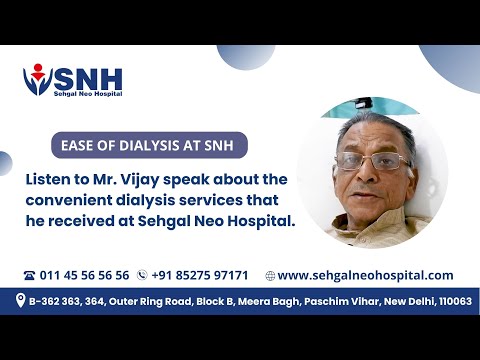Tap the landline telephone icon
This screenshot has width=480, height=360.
[x=29, y=275]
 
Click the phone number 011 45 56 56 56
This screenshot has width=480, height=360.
[x=84, y=275]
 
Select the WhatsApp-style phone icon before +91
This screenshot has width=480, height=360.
[x=143, y=275]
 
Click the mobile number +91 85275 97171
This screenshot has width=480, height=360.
[x=200, y=275]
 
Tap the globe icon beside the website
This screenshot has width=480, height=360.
[x=270, y=275]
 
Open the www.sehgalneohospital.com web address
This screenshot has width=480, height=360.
[x=365, y=275]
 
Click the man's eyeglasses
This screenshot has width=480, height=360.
[x=371, y=161]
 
